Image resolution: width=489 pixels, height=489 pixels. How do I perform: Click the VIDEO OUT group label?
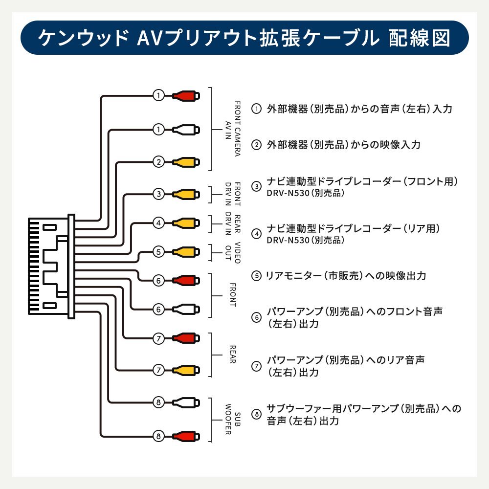(232, 252)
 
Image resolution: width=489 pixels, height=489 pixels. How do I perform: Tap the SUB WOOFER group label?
(232, 420)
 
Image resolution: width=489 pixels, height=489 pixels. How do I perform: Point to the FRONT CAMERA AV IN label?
(232, 129)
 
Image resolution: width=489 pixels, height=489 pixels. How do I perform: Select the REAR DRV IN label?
(232, 223)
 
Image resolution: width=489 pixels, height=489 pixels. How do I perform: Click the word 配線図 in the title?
(420, 38)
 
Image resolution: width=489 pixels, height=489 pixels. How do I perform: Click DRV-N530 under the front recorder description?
(289, 194)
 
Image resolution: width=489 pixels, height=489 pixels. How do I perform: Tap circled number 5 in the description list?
(257, 276)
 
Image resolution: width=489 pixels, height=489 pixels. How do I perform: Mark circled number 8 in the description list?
(257, 415)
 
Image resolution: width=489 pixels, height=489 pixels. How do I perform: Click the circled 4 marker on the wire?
(158, 223)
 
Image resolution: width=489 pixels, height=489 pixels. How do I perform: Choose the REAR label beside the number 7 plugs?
(232, 355)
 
